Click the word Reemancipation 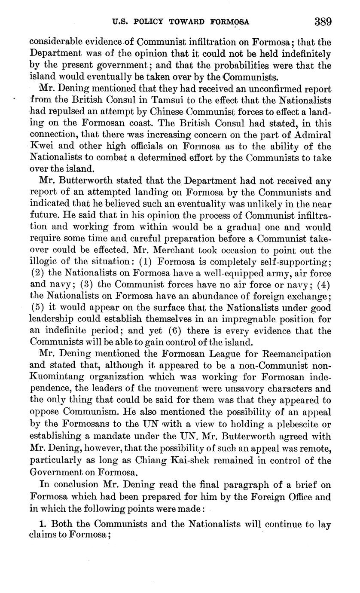tap(290, 354)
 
